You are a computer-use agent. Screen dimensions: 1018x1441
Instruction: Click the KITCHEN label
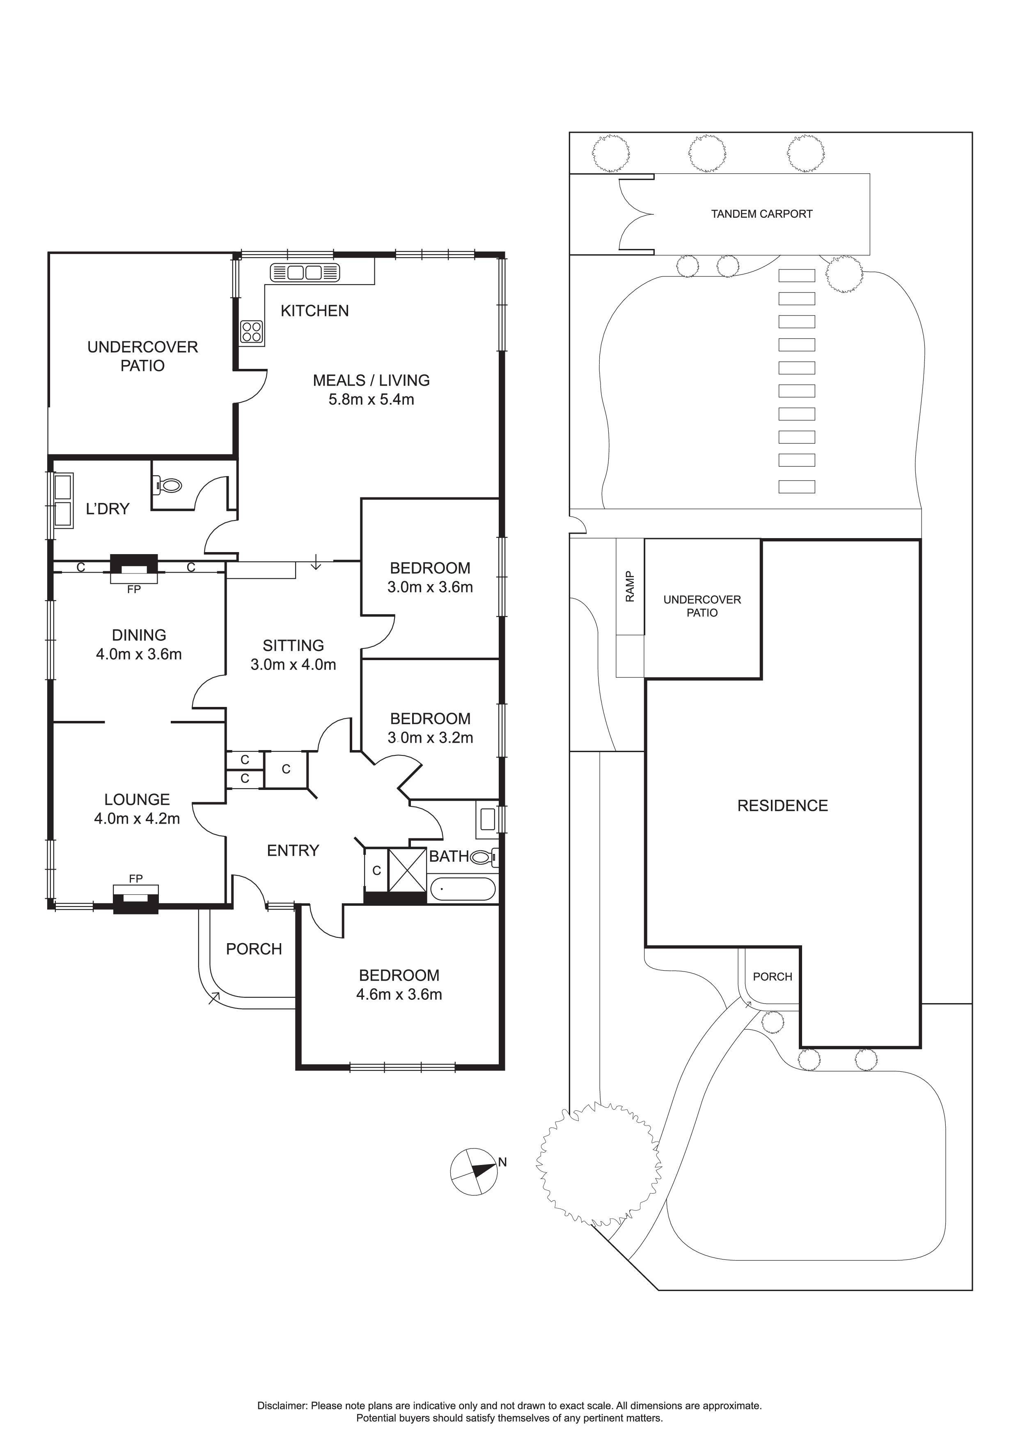pos(314,311)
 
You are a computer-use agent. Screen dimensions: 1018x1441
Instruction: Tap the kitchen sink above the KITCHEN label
pos(305,272)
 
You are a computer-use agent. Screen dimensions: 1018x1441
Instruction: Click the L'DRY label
pos(107,509)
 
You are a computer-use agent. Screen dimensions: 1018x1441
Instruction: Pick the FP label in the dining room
pos(133,589)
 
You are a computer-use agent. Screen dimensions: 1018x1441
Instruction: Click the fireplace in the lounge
pos(135,899)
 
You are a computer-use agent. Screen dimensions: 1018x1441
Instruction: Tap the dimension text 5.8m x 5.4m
pos(371,399)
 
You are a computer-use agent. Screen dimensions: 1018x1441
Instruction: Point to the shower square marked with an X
pos(408,870)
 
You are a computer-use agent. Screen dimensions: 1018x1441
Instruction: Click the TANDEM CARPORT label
pos(761,214)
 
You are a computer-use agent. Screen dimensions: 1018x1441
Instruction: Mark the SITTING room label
pos(293,645)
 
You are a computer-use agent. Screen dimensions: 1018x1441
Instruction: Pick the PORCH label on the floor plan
pos(254,949)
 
